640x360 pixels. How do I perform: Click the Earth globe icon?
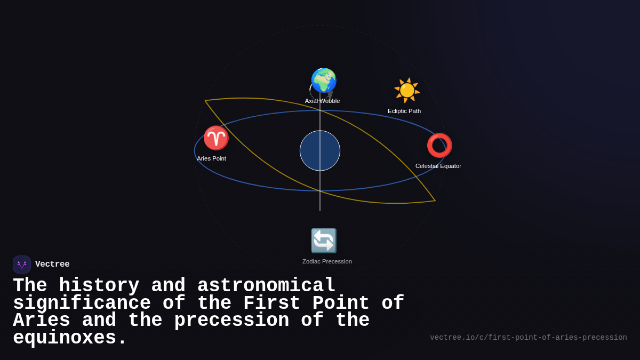(324, 81)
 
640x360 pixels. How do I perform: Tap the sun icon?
(407, 90)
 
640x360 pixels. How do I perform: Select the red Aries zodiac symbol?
(216, 138)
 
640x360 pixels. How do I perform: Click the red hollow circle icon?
(439, 145)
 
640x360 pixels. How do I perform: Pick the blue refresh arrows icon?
(324, 241)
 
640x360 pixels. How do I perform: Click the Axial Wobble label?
(322, 101)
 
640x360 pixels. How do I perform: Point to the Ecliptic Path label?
(404, 111)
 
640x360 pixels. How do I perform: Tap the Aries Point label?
(211, 158)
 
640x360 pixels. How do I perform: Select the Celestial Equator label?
(438, 166)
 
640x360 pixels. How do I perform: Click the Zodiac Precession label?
(327, 261)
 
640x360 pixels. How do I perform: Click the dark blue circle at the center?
(320, 150)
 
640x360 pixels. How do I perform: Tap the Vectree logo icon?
(22, 265)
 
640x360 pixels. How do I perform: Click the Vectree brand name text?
(52, 265)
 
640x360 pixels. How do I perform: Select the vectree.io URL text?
(528, 338)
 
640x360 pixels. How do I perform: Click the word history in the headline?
(99, 286)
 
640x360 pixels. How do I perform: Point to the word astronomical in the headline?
(266, 286)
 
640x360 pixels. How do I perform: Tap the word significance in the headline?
(82, 303)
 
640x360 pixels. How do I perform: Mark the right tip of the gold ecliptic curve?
(435, 201)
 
